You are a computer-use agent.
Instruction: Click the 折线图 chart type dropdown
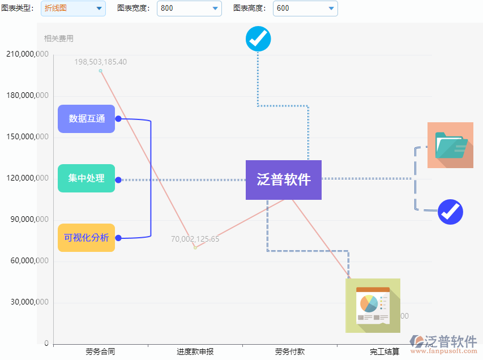[73, 8]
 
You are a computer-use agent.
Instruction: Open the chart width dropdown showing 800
[189, 8]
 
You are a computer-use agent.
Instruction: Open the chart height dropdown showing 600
[305, 8]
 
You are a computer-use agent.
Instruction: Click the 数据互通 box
[86, 119]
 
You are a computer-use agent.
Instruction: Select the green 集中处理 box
[86, 178]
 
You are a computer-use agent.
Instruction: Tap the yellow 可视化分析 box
[86, 238]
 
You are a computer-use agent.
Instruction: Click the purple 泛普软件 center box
[283, 180]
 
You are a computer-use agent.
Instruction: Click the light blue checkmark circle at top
[258, 39]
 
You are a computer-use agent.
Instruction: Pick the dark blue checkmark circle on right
[451, 212]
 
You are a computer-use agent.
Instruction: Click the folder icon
[450, 145]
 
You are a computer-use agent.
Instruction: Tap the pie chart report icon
[373, 306]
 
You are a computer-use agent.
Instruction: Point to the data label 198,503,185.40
[101, 62]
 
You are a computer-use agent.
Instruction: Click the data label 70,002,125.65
[195, 239]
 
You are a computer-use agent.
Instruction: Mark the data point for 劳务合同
[101, 71]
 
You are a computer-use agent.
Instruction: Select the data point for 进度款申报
[195, 247]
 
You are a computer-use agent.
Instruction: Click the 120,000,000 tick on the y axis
[27, 178]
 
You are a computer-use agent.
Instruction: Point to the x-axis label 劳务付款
[290, 352]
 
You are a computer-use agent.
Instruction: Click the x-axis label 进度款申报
[195, 352]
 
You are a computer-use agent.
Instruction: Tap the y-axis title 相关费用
[59, 38]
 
